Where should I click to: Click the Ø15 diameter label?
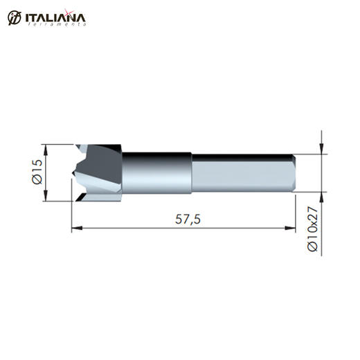[x=37, y=172]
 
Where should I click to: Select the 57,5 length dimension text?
[x=188, y=219]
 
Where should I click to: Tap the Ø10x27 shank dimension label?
[x=313, y=228]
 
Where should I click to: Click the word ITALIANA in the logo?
[x=55, y=18]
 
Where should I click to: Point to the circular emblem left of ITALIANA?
[x=15, y=18]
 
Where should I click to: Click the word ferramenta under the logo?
[x=57, y=24]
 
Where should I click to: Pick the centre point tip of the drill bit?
[x=72, y=173]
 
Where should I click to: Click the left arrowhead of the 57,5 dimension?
[x=77, y=228]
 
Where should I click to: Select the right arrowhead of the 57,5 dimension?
[x=290, y=228]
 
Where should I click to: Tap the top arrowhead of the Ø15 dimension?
[x=46, y=150]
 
